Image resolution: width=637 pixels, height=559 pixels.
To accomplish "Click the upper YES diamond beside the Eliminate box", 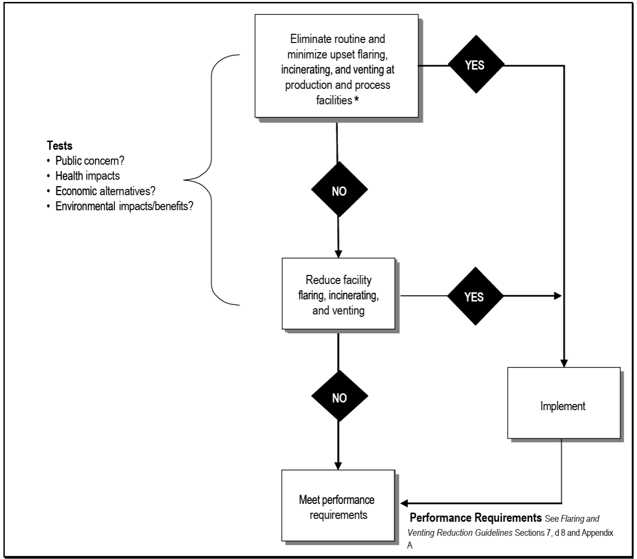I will pos(476,65).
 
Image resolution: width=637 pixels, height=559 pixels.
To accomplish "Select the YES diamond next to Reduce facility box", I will pos(475,296).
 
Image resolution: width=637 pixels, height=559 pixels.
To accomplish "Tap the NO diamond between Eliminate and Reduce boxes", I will pos(339,190).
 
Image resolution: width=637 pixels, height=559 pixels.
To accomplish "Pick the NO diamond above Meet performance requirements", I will pos(339,397).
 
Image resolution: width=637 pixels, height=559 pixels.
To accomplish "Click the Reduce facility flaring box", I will pos(338,294).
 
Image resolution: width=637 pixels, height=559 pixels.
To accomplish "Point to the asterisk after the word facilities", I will pos(356,100).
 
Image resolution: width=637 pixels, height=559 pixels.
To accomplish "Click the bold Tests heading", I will pos(59,145).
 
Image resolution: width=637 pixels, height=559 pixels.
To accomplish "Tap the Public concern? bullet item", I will pos(89,161).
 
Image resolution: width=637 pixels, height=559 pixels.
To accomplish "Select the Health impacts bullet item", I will pos(87,176).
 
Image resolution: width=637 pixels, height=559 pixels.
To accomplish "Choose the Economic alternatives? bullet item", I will pos(105,191).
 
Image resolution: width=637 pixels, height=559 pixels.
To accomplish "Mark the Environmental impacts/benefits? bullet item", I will pos(124,207).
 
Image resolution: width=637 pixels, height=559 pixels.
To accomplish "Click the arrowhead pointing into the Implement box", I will pos(564,363).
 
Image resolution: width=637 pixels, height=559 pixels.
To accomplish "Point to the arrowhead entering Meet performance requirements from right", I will pos(404,503).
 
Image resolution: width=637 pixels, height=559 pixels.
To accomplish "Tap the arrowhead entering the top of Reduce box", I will pos(338,254).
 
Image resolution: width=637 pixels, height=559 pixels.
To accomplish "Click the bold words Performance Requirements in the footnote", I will pos(475,518).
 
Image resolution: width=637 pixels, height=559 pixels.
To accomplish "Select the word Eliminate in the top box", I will pos(310,39).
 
